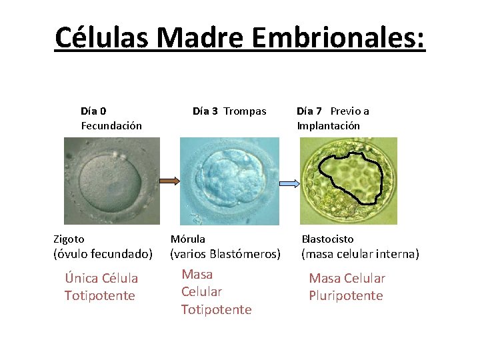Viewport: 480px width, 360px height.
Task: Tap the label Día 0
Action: coord(93,111)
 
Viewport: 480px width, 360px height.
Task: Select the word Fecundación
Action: coord(111,125)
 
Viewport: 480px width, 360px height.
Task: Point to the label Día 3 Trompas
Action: coord(229,111)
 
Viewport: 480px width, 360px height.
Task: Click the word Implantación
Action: coord(328,125)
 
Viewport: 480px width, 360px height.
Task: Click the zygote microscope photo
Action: coord(112,181)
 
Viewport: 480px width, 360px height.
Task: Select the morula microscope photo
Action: coord(229,181)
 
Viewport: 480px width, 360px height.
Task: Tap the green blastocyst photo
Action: coord(348,181)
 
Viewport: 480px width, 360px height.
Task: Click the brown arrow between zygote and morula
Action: coord(169,181)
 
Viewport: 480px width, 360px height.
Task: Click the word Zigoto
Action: coord(69,239)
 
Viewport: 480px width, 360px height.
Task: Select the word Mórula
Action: coord(188,239)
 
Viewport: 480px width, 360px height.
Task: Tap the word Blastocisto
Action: coord(327,239)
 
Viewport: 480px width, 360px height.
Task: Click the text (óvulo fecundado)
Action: coord(103,254)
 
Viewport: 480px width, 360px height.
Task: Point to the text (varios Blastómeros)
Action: coord(225,254)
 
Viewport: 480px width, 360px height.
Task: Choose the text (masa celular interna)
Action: coord(360,254)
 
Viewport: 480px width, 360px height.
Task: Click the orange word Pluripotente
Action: coord(345,295)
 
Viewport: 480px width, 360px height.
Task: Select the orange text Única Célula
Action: coord(101,278)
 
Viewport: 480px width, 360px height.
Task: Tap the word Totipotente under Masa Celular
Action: coord(216,309)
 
